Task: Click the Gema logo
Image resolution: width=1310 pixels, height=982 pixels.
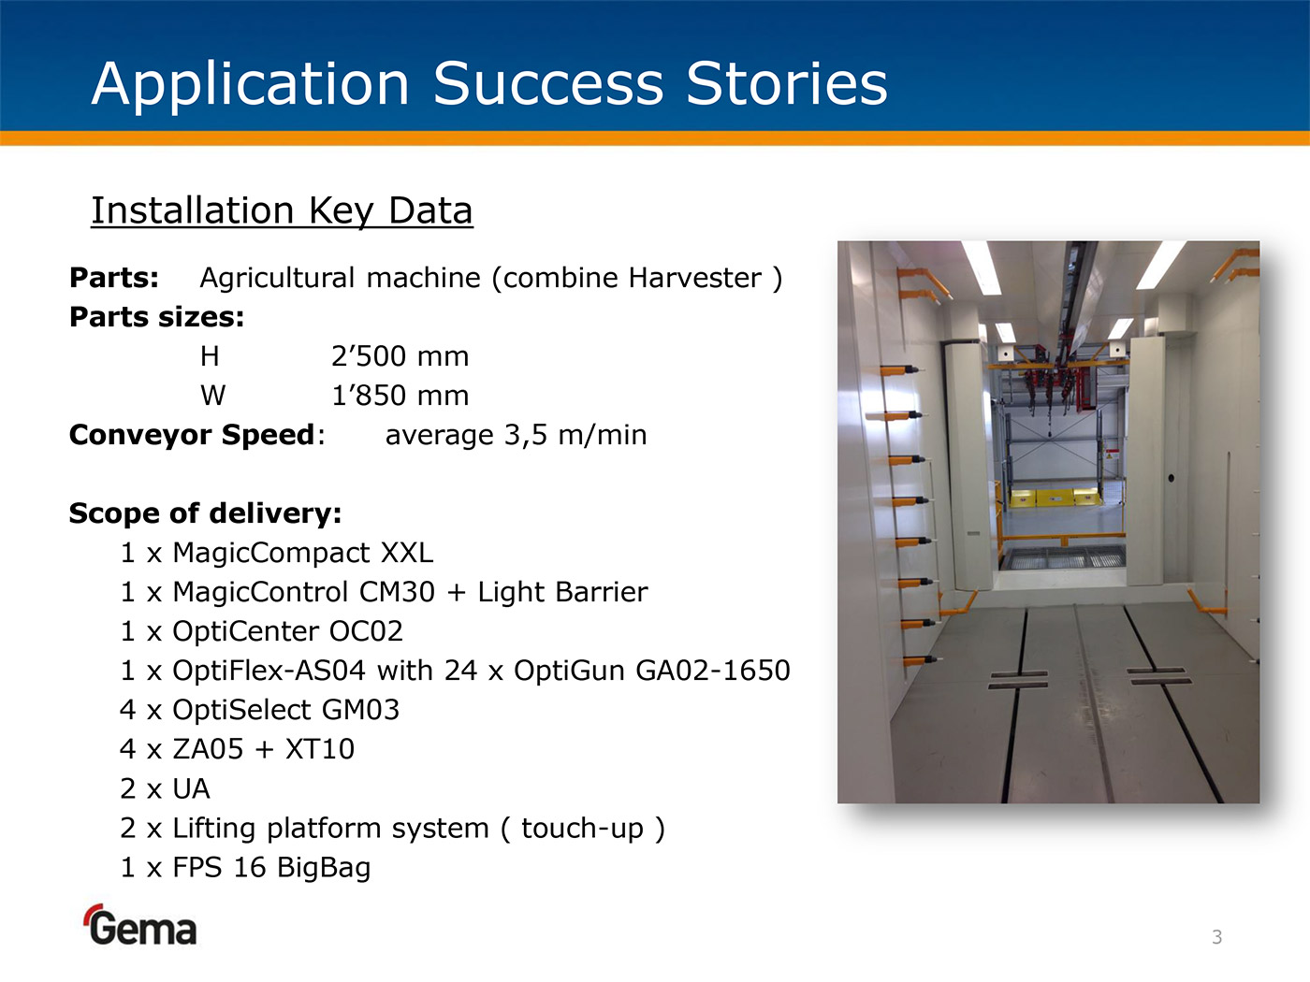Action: pos(140,925)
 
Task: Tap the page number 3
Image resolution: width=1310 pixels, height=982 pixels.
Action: pos(1217,937)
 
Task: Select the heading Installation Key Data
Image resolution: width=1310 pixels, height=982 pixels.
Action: pos(282,210)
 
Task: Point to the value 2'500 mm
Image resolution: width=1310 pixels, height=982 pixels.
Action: pos(400,356)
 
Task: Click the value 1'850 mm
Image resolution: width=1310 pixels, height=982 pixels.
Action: pos(400,396)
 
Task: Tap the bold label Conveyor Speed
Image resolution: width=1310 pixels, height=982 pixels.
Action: pos(192,435)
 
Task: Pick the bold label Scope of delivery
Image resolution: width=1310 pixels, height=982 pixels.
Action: pos(205,513)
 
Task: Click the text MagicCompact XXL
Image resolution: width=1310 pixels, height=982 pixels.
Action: pos(302,552)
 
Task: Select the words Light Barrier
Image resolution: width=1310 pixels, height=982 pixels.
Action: pos(562,591)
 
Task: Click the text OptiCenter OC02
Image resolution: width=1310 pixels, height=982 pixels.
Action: pos(287,630)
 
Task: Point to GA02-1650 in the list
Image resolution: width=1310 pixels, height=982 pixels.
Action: pos(713,671)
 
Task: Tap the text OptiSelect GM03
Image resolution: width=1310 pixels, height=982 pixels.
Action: pos(286,710)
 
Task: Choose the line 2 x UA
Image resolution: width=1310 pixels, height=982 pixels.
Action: pos(165,788)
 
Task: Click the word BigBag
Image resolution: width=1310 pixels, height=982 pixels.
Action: pos(324,868)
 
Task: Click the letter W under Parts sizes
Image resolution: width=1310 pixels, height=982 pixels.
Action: pos(213,396)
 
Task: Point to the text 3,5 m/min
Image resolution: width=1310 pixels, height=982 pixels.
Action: pos(575,435)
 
